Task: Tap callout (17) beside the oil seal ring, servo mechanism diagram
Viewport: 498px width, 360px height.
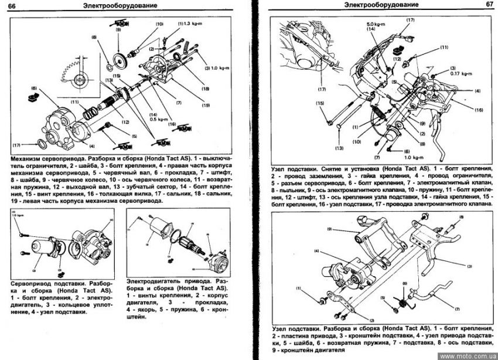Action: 15,144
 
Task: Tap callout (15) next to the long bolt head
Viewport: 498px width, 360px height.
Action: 320,103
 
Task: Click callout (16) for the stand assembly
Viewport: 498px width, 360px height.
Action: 477,110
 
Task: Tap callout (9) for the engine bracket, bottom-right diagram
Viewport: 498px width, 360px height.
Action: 330,229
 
